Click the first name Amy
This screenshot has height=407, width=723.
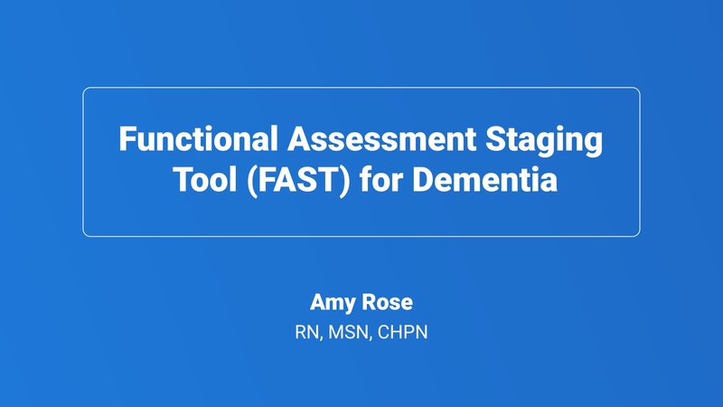331,303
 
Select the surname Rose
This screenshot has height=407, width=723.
387,303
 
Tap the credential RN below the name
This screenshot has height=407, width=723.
306,333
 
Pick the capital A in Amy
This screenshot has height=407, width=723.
317,303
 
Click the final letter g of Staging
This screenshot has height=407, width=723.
593,146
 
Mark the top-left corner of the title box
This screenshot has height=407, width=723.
84,89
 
